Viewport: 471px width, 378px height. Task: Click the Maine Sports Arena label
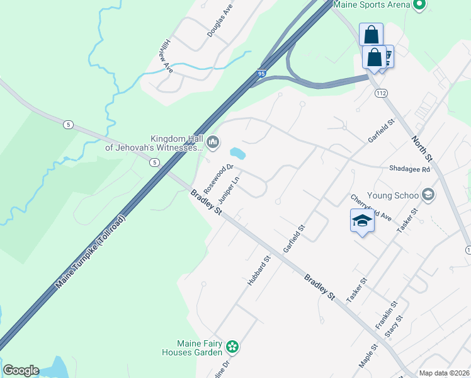click(371, 4)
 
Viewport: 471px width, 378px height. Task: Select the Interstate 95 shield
click(261, 74)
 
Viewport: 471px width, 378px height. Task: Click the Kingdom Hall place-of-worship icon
click(213, 143)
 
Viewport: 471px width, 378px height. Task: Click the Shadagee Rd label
click(409, 169)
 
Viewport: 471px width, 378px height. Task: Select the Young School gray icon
click(429, 194)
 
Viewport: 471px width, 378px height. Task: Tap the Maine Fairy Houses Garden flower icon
click(232, 346)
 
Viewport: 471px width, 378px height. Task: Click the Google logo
click(21, 370)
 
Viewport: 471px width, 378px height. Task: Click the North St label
click(423, 149)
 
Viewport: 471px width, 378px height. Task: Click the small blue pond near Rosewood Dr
click(238, 153)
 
